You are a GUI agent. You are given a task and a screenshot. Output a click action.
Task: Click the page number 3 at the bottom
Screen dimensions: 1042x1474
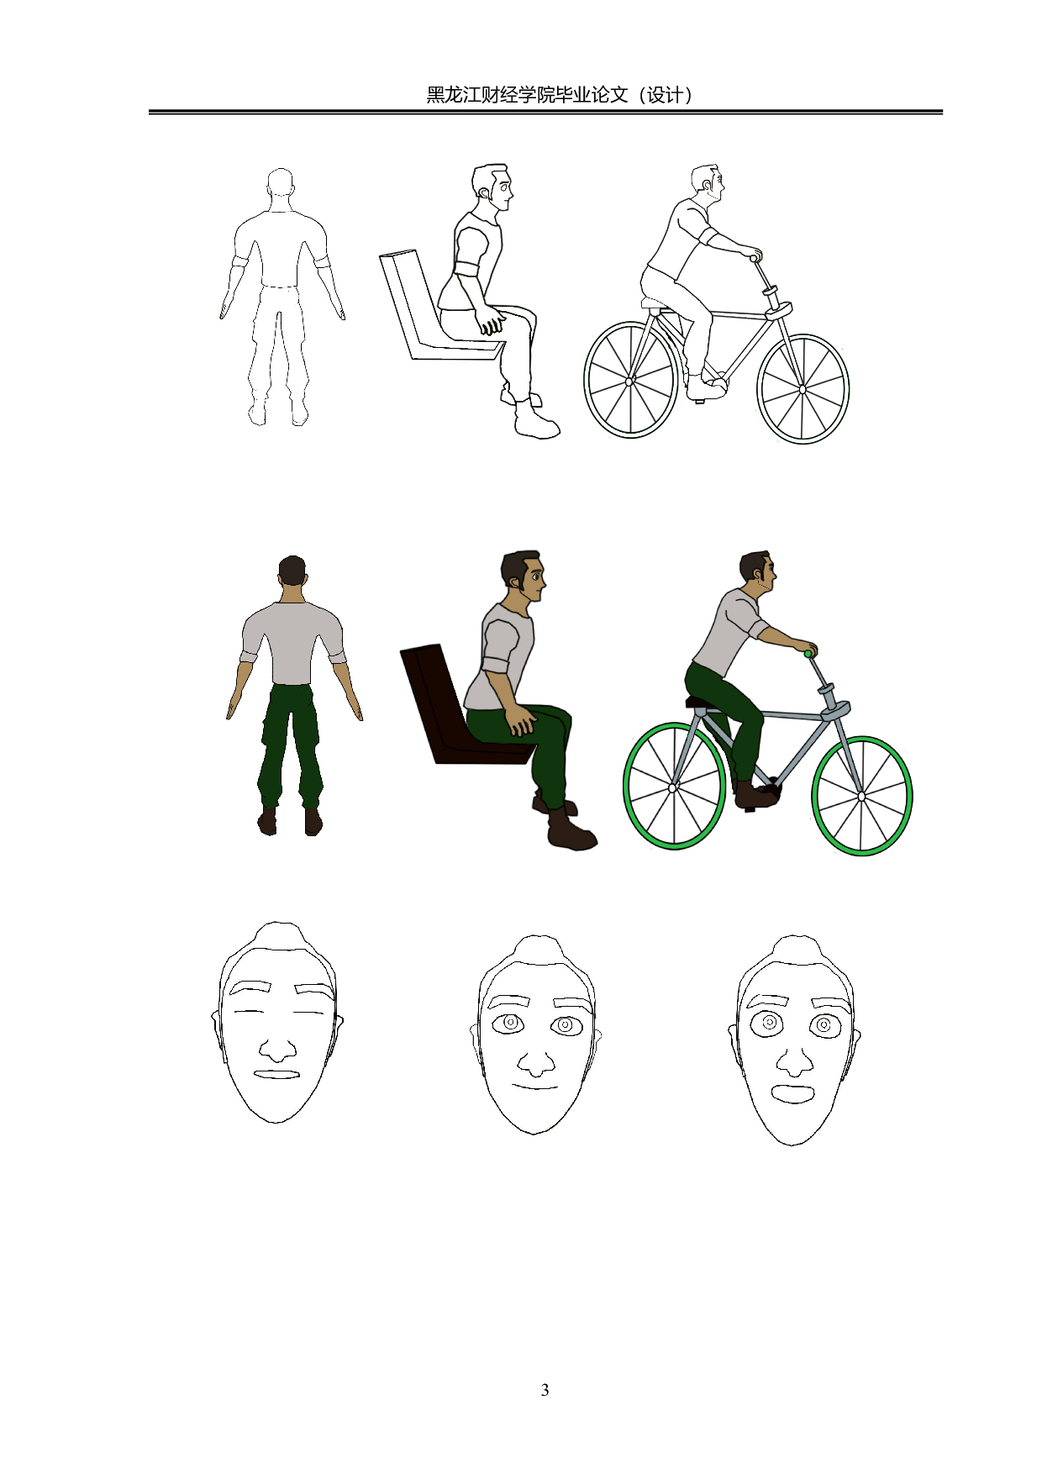(545, 1390)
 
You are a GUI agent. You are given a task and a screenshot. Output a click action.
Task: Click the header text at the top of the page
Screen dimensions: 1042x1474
(560, 95)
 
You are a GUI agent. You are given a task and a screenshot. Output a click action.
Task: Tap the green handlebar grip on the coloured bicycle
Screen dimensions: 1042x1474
(808, 653)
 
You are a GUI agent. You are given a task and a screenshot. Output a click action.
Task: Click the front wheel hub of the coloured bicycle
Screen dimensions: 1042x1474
(861, 797)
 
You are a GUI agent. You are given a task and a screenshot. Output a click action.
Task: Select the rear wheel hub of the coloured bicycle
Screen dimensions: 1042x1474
(673, 788)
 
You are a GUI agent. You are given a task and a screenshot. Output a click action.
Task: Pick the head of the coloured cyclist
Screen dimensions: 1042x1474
(758, 573)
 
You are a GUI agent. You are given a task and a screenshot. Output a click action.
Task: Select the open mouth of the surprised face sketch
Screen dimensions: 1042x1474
(793, 1093)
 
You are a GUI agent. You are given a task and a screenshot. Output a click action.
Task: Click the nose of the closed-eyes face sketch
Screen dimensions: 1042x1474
(276, 1050)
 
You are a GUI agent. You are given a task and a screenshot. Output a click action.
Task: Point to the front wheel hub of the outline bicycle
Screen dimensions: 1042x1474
(803, 389)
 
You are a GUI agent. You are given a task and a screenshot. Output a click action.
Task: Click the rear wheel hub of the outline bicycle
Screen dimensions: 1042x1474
(629, 382)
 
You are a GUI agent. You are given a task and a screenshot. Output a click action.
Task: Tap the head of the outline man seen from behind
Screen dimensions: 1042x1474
(281, 185)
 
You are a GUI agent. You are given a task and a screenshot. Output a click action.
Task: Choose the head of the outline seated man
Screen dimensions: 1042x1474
(492, 187)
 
